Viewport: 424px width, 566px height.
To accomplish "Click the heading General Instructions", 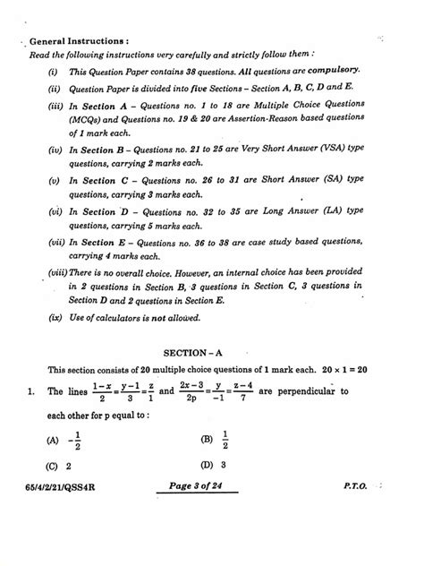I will pyautogui.click(x=80, y=41).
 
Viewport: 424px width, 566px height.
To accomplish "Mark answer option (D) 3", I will pyautogui.click(x=214, y=490).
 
